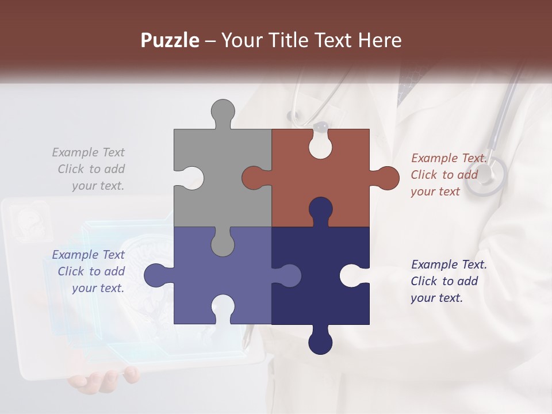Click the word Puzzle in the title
(x=170, y=40)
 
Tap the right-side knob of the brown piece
(x=386, y=178)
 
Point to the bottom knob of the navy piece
(x=320, y=342)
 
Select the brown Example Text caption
(x=447, y=175)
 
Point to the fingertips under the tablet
(x=103, y=379)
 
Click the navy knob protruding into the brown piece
(x=320, y=210)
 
